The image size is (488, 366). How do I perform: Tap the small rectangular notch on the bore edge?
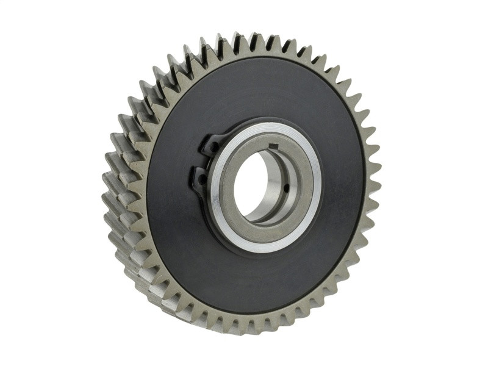[273, 145]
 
